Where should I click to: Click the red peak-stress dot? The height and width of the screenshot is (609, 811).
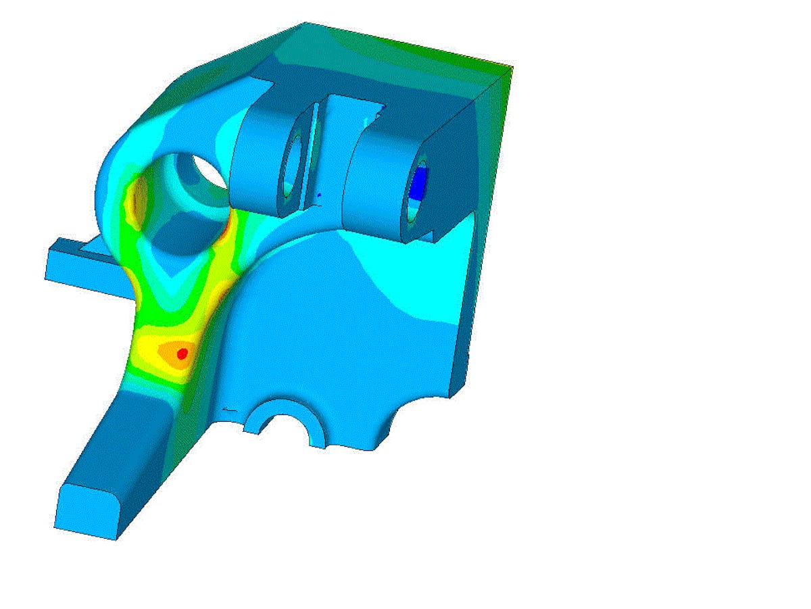click(x=181, y=353)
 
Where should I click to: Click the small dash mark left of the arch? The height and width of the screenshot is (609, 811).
click(x=230, y=410)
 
